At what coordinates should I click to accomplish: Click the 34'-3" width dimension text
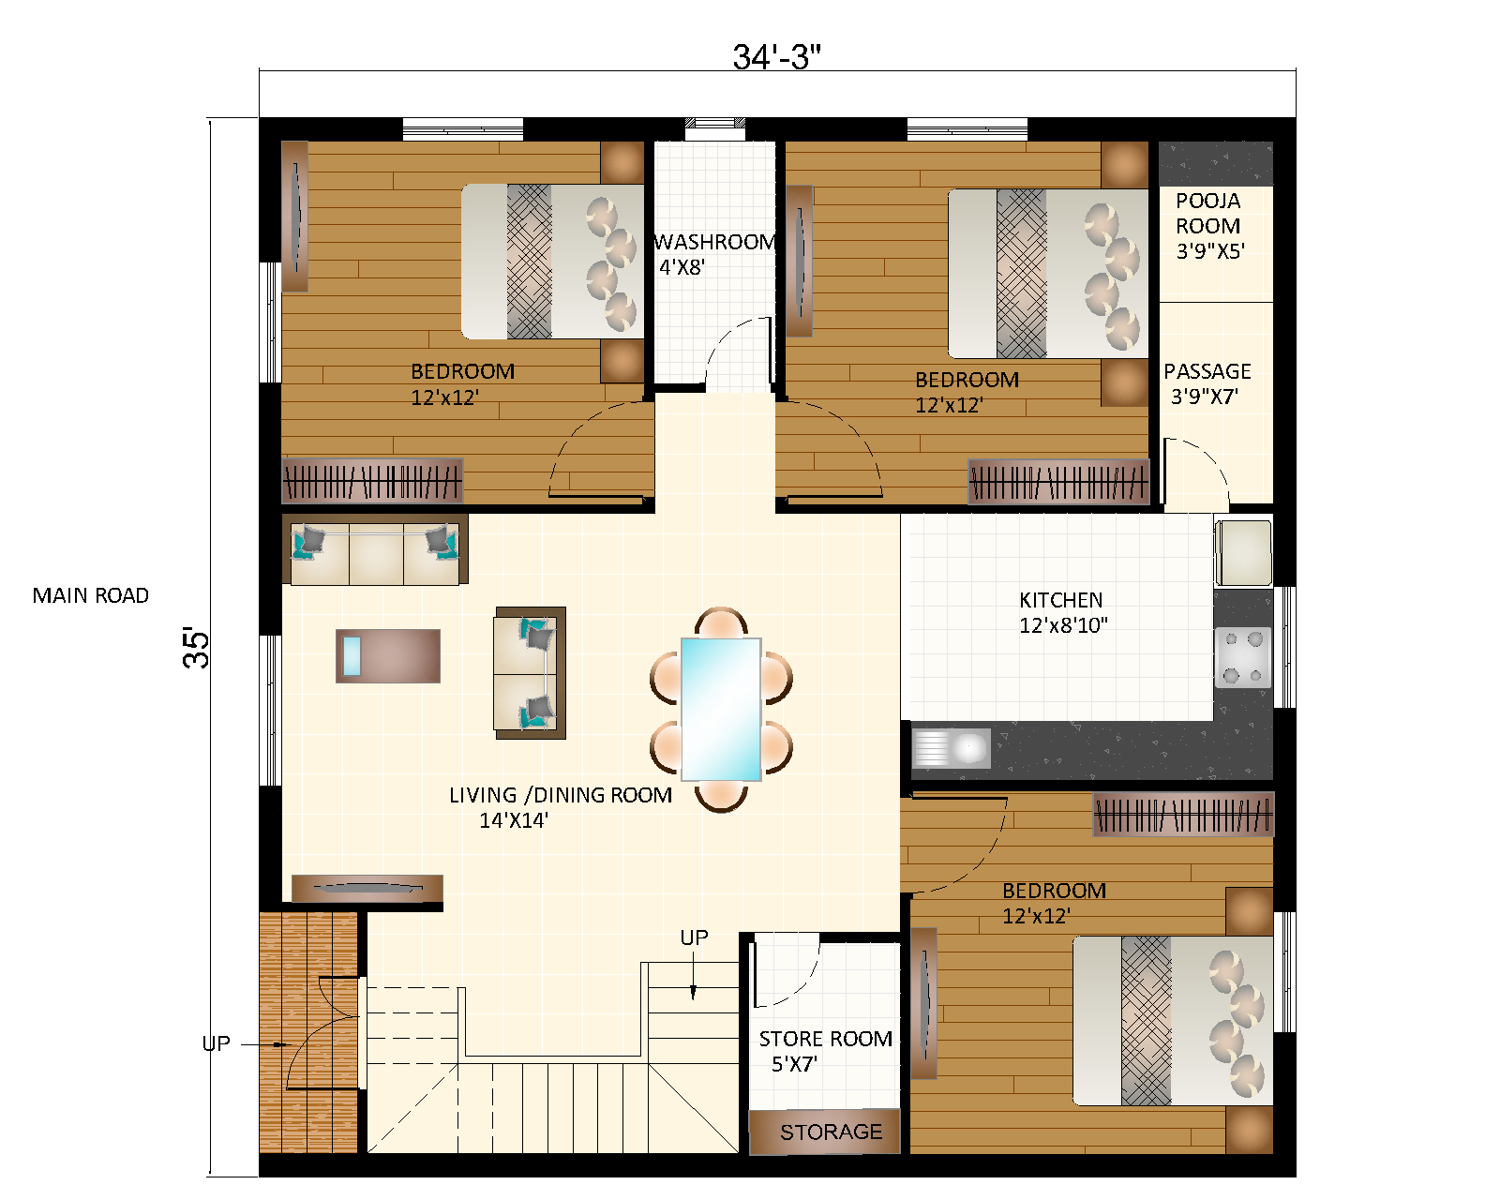[x=776, y=57]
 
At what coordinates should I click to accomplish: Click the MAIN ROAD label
[x=90, y=595]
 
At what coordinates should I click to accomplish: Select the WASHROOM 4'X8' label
[x=714, y=254]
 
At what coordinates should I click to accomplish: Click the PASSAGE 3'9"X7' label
[x=1207, y=383]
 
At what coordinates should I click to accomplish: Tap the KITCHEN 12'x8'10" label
[x=1062, y=612]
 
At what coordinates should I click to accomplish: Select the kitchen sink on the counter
[x=952, y=748]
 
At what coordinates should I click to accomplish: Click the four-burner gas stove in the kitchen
[x=1242, y=657]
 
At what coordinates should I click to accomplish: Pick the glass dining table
[x=720, y=709]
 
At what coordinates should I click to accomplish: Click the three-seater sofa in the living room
[x=375, y=554]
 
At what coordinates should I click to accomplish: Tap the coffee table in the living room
[x=388, y=655]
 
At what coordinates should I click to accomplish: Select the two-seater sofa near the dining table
[x=530, y=672]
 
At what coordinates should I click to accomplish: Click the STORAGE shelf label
[x=831, y=1132]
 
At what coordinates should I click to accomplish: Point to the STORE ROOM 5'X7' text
[x=824, y=1051]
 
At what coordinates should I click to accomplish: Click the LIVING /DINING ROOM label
[x=560, y=806]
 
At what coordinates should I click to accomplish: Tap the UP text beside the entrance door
[x=217, y=1043]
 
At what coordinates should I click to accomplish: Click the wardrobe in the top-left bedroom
[x=372, y=481]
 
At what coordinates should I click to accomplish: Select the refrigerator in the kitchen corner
[x=1244, y=552]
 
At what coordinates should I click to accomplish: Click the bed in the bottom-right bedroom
[x=1172, y=1020]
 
